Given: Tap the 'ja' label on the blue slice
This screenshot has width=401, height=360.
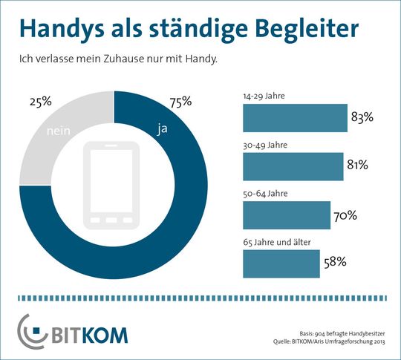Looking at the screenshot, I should point(162,129).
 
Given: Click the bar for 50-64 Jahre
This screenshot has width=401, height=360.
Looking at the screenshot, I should point(286,215).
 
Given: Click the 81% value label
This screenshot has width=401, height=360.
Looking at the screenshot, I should point(357,166).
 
